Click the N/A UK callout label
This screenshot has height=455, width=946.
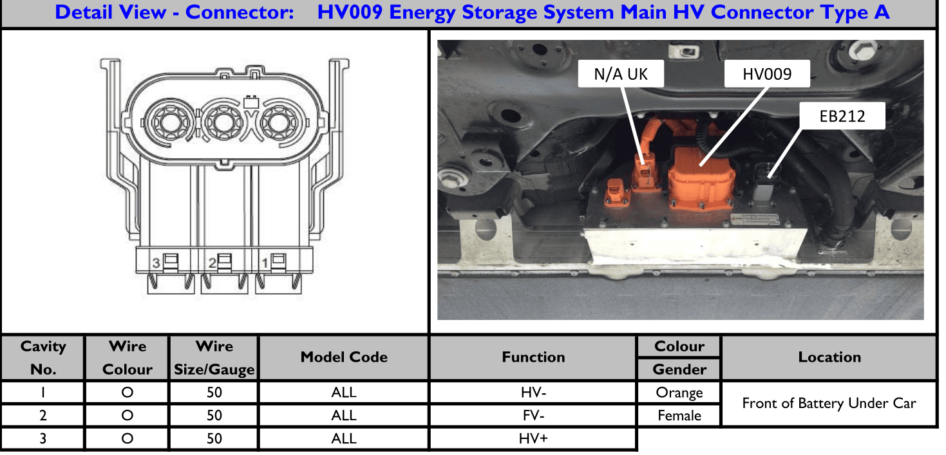[x=620, y=74]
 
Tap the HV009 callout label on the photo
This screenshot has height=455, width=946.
[x=767, y=74]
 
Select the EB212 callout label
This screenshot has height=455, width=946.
[x=842, y=116]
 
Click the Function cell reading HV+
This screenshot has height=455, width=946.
[x=533, y=438]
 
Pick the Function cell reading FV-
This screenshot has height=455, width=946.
[x=533, y=415]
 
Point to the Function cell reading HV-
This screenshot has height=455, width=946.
[x=533, y=393]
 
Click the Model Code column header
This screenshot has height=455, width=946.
[x=344, y=358]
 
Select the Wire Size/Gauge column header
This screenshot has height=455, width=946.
[x=214, y=358]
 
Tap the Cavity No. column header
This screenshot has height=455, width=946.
[x=43, y=358]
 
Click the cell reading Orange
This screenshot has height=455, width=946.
[x=679, y=393]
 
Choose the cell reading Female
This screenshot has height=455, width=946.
[x=679, y=416]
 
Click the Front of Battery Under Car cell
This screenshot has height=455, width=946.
[x=829, y=404]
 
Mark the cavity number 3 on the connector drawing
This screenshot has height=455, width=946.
[x=156, y=263]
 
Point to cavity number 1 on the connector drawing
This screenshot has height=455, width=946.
[x=265, y=263]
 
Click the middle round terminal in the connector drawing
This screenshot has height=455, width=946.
[x=223, y=123]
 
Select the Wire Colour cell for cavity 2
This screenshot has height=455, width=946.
[x=127, y=415]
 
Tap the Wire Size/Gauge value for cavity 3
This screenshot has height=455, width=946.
[x=214, y=438]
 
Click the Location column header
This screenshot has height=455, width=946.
[x=829, y=358]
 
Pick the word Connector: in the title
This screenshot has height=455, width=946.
[x=240, y=12]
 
